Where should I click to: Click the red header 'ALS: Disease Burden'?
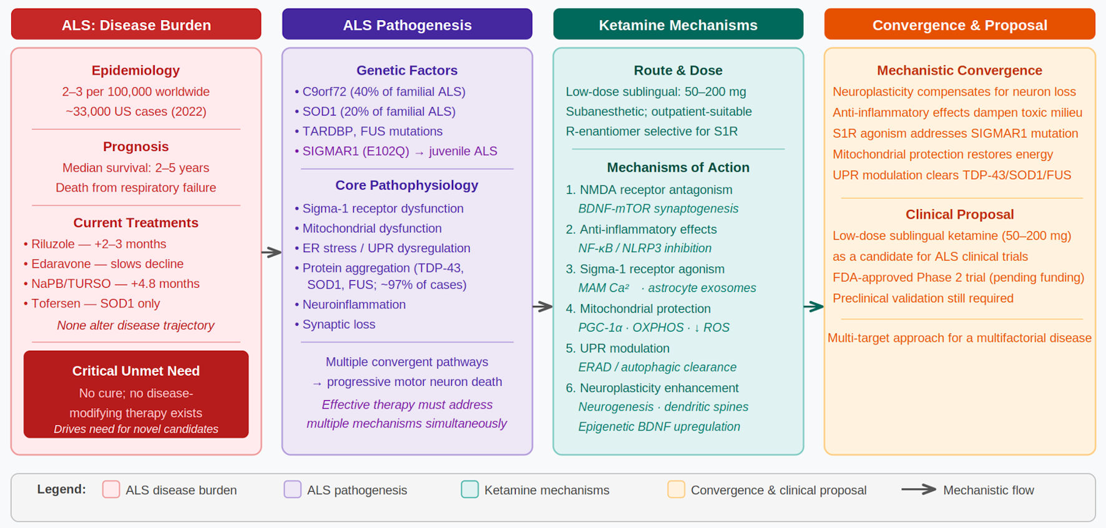(136, 24)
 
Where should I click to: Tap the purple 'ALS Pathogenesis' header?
(407, 24)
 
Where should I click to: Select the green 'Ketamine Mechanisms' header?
(678, 24)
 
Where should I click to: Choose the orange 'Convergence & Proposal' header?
(959, 24)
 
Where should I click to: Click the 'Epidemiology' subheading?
(135, 71)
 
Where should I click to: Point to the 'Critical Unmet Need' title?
(136, 371)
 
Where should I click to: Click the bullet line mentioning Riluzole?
(95, 244)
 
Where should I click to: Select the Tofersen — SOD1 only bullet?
(92, 303)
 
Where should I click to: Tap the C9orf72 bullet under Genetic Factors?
(380, 92)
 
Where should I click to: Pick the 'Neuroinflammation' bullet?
(350, 305)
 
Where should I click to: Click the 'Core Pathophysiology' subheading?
(407, 185)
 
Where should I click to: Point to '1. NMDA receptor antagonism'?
(649, 190)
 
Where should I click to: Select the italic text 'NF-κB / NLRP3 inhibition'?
(645, 248)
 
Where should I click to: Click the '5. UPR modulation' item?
(617, 348)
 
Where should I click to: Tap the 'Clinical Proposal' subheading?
(959, 215)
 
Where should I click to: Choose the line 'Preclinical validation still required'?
(923, 298)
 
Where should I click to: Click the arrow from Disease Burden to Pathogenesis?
(272, 252)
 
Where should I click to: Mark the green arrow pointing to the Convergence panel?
(814, 306)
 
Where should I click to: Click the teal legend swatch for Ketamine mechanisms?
(470, 489)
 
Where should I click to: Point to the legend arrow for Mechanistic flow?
(919, 489)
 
